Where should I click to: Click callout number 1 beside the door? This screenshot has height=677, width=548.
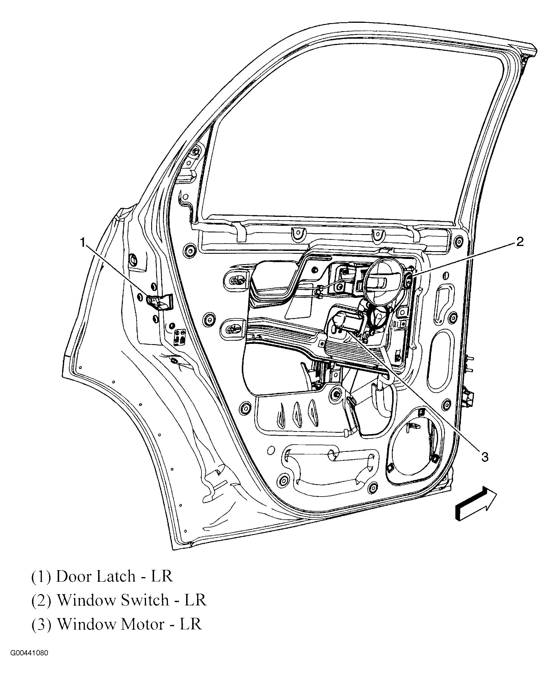coord(83,243)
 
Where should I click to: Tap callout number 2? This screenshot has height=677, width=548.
coord(520,242)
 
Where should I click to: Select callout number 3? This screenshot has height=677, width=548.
coord(485,457)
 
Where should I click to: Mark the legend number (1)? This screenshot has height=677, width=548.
coord(41,577)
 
